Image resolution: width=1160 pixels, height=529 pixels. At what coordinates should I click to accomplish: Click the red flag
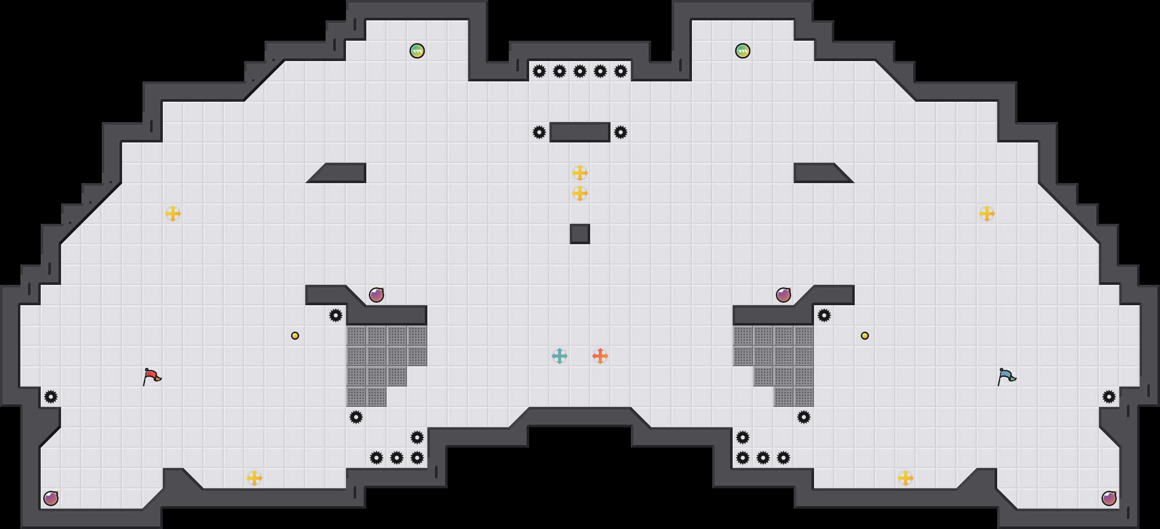[152, 376]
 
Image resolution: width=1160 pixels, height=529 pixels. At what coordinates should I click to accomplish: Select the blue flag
[1006, 376]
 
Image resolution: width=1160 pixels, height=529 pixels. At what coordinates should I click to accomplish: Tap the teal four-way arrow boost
[560, 356]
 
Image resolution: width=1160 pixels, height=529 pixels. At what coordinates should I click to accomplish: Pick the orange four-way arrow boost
[600, 356]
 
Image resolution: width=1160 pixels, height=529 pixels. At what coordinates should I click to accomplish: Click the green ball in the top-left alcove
[417, 51]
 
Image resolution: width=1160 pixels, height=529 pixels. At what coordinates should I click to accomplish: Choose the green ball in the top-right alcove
[743, 51]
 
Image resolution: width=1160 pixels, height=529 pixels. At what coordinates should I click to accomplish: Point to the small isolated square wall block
[580, 234]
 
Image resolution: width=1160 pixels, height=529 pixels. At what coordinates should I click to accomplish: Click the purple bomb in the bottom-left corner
[51, 498]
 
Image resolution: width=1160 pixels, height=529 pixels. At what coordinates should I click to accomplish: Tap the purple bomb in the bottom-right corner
[1109, 498]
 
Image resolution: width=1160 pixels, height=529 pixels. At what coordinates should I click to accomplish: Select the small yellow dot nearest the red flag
[295, 336]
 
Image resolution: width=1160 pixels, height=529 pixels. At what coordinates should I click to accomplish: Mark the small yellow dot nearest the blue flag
[865, 336]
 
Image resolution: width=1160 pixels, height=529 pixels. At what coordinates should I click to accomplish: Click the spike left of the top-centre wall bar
[539, 132]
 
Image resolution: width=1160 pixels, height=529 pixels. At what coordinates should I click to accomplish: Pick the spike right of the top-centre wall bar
[621, 132]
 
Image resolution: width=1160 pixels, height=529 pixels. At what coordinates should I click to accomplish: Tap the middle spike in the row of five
[580, 71]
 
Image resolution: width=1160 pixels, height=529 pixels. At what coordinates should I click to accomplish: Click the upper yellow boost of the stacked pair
[580, 173]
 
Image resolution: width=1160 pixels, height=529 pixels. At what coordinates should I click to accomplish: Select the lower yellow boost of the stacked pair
[580, 193]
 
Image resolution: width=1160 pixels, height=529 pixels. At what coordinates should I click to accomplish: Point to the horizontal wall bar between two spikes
[580, 132]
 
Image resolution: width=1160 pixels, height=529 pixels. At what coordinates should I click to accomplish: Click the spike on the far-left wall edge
[51, 397]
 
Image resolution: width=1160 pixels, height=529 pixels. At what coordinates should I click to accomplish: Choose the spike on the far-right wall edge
[1109, 397]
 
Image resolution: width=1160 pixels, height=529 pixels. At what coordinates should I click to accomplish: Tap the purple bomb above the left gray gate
[376, 295]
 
